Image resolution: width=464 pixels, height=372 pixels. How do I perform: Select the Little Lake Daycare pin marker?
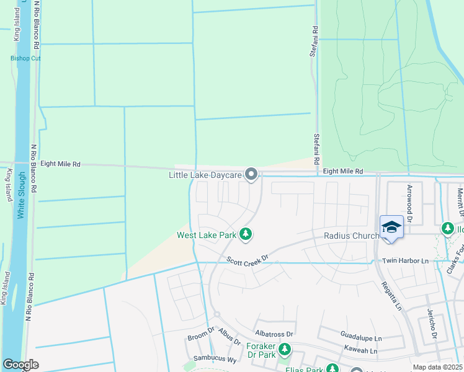tap(251, 175)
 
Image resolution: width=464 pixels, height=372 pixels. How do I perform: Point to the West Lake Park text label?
tap(207, 235)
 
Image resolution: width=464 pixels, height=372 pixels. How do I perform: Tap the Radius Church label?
tap(351, 236)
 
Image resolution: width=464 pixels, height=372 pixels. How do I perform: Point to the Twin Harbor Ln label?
tap(406, 261)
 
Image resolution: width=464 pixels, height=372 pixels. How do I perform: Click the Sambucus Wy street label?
tap(222, 359)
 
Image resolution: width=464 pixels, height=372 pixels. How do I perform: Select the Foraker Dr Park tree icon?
tap(285, 350)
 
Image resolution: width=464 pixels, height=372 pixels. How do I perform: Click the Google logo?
tap(21, 365)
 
